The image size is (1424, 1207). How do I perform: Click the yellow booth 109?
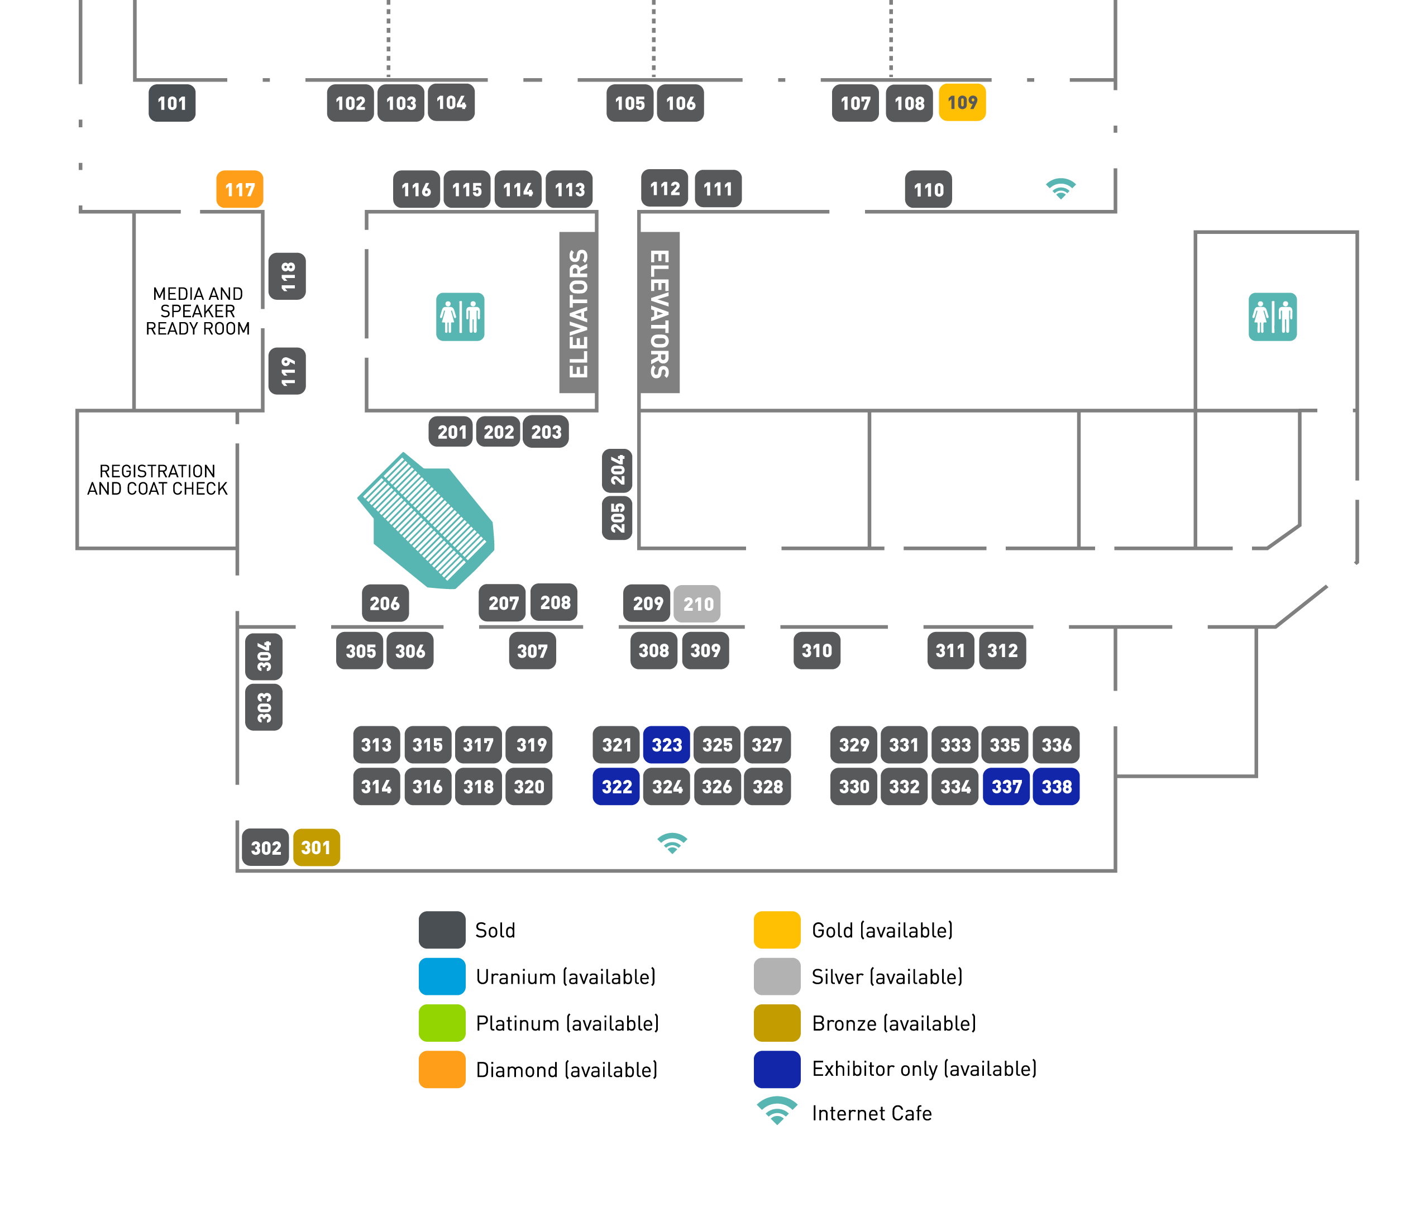962,103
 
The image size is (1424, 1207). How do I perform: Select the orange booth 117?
240,189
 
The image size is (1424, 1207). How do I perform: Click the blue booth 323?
666,744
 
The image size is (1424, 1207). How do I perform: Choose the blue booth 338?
1056,786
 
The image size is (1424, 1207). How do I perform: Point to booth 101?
172,103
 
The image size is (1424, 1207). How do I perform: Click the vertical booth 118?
288,276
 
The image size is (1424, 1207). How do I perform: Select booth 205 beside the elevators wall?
617,518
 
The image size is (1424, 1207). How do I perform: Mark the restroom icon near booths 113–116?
460,317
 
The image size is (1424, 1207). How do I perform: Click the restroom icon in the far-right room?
1272,317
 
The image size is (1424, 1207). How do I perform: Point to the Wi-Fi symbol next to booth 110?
1060,188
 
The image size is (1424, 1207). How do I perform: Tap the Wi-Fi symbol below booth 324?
672,843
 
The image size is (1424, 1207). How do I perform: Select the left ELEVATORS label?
578,313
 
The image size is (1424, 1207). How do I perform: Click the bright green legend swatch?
442,1022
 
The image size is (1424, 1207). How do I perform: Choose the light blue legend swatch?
442,976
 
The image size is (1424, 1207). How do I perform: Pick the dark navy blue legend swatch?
777,1069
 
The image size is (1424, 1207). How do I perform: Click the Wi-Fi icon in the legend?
777,1110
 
